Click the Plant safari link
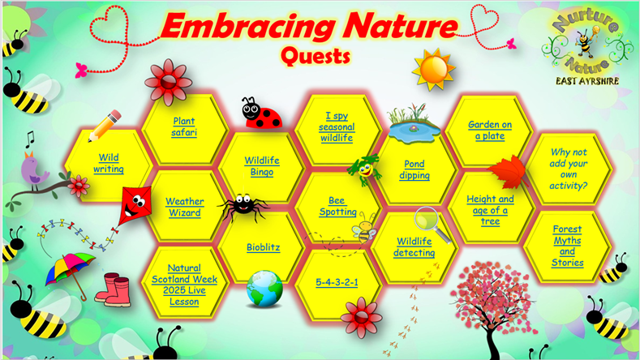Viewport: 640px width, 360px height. coord(184,127)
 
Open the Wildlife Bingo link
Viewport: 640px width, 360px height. coord(262,166)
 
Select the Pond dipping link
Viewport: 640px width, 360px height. coord(414,169)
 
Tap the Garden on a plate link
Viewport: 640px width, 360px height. coord(490,131)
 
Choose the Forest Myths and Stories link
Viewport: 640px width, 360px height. coord(567,246)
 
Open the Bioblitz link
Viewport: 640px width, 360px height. coord(264,247)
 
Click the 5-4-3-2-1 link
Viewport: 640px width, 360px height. coord(337,282)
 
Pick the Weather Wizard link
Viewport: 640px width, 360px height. coord(184,207)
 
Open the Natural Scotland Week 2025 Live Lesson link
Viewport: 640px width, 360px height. coord(184,285)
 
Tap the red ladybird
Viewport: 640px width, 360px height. coord(261,113)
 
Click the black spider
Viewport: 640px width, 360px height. coord(243,205)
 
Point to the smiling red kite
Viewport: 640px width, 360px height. coord(136,206)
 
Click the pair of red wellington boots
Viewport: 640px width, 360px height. coord(113,289)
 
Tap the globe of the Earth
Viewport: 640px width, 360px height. coord(264,289)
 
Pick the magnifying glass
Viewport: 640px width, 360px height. coord(432,225)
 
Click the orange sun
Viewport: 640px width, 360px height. coord(433,70)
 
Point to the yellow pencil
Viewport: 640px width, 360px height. coord(105,126)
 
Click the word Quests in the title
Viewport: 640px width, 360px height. coord(316,56)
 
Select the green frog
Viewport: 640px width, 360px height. coord(364,168)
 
